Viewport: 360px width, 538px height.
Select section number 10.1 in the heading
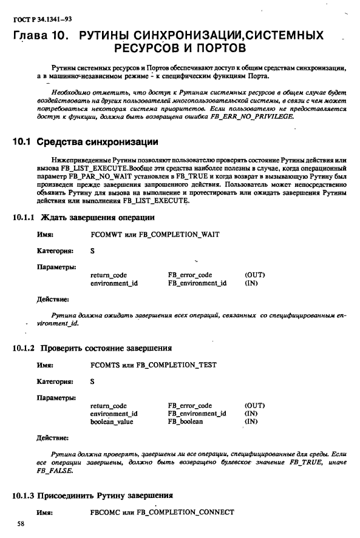[x=22, y=143]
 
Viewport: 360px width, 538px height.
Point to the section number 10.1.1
[x=24, y=217]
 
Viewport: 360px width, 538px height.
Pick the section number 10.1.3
[x=24, y=495]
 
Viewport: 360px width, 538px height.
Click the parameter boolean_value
[x=111, y=422]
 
